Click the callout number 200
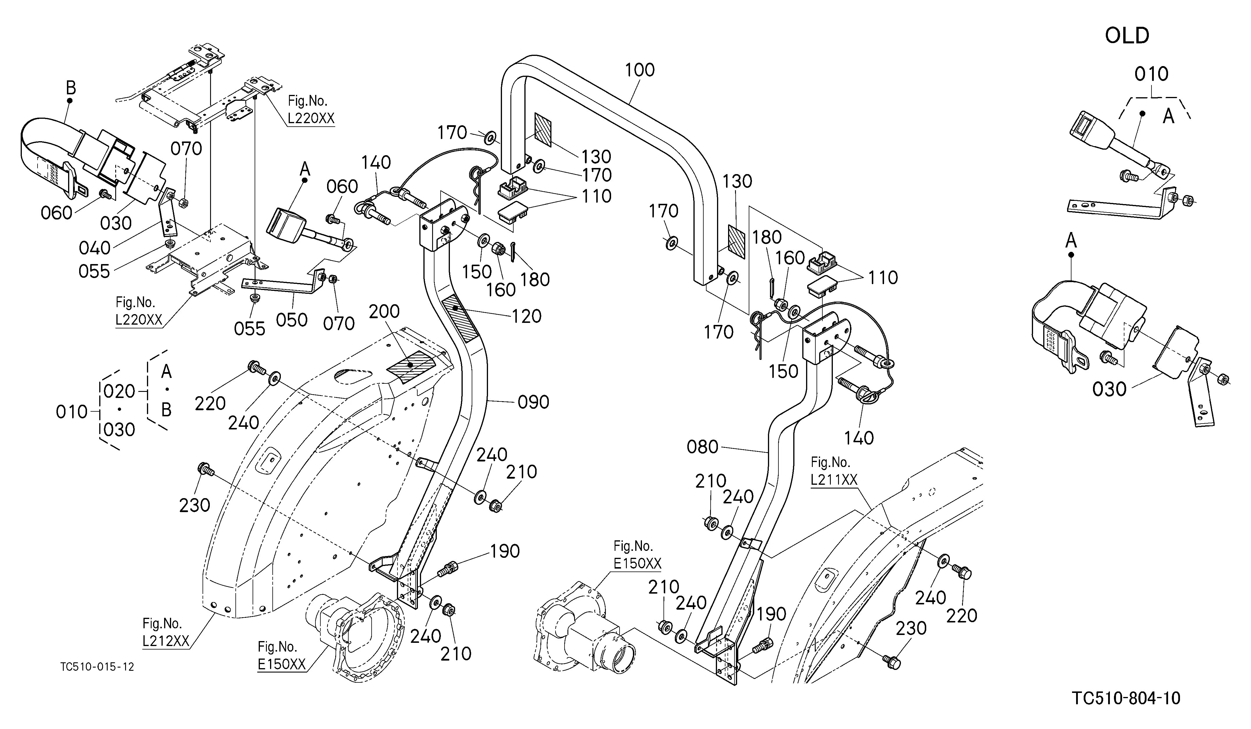[x=384, y=311]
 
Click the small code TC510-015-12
[x=97, y=666]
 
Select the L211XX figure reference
[x=834, y=480]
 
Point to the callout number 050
[x=292, y=320]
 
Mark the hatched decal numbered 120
[x=459, y=318]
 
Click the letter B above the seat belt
[x=71, y=88]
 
